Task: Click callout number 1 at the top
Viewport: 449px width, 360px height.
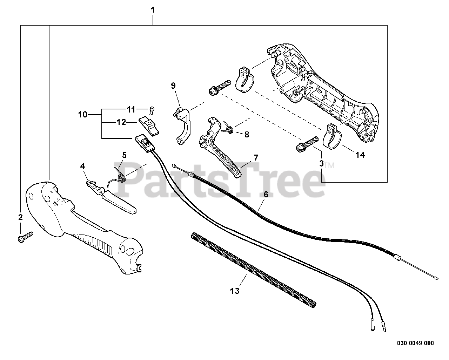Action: [x=153, y=10]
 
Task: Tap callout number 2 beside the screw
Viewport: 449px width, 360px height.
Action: [x=20, y=217]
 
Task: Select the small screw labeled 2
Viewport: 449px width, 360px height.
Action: [x=25, y=237]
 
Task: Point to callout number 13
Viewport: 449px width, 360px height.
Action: [x=235, y=291]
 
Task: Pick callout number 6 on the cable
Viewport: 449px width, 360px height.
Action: [x=266, y=194]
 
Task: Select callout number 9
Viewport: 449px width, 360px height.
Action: [x=173, y=86]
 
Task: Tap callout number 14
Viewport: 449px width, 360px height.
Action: [x=360, y=155]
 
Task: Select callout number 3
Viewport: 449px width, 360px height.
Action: [x=321, y=163]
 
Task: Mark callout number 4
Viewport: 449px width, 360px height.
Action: [x=82, y=166]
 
